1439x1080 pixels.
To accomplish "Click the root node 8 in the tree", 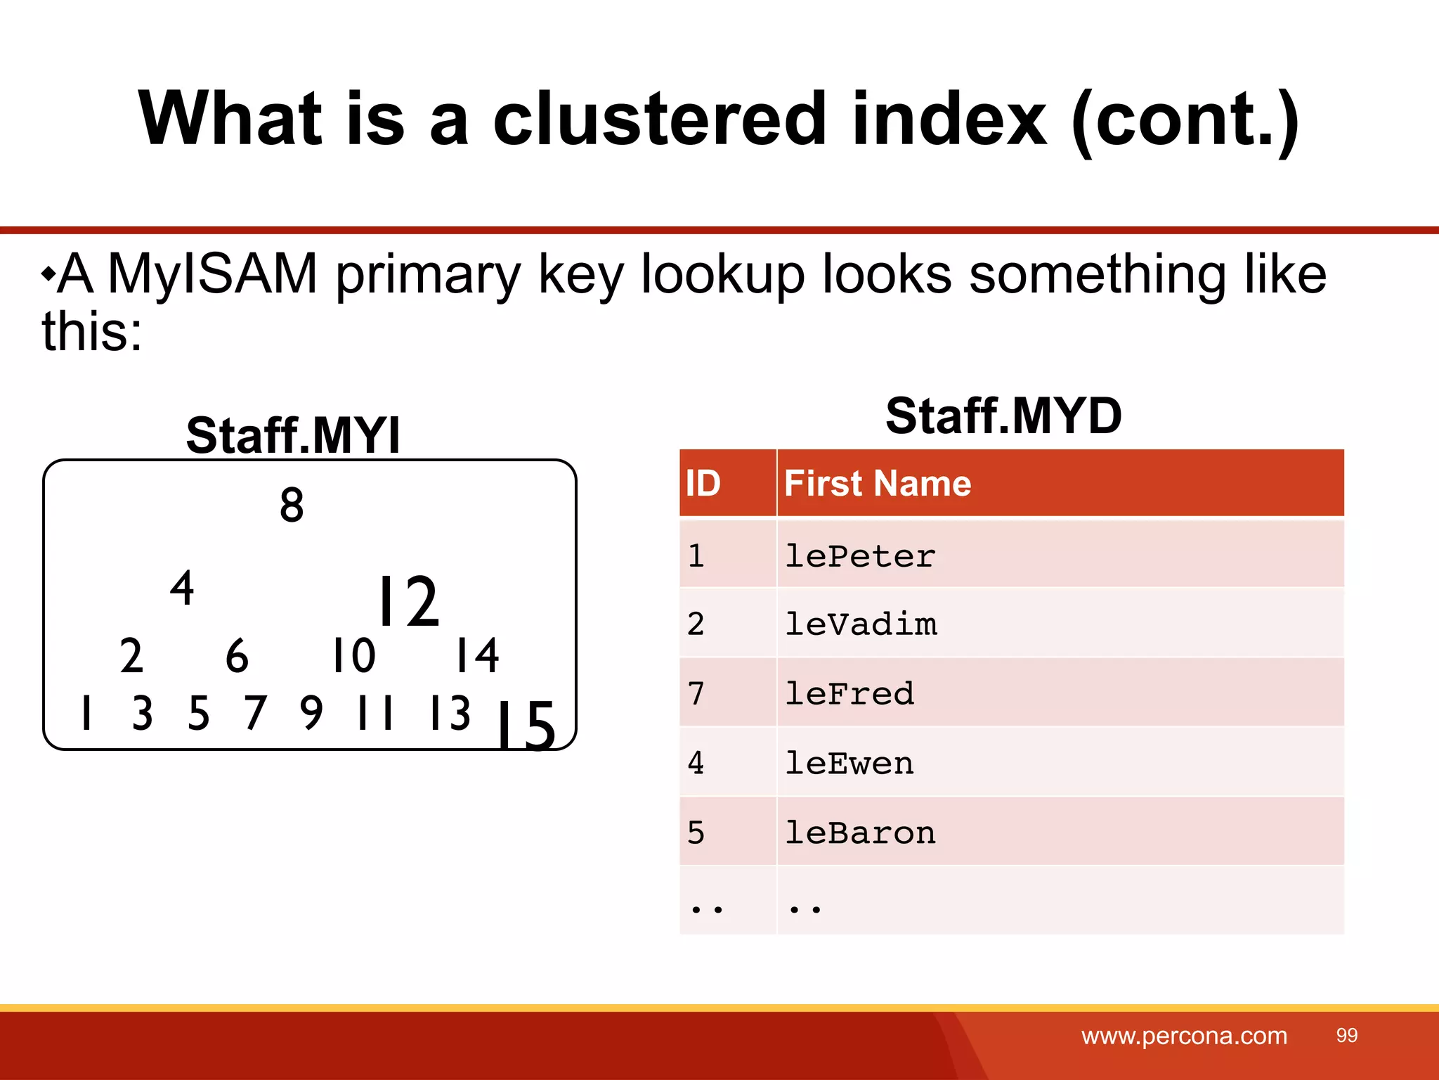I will (x=292, y=505).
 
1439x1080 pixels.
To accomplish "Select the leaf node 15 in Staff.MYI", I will (x=526, y=726).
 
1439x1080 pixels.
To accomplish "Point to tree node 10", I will (x=353, y=655).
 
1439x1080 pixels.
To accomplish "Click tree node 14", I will (x=477, y=655).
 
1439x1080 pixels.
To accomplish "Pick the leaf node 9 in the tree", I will (x=311, y=712).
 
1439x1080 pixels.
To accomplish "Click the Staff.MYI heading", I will (x=292, y=435).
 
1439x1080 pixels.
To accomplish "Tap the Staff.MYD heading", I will (x=1003, y=416).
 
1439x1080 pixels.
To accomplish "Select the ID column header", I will (x=703, y=483).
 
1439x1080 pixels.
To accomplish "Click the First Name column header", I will (x=878, y=483).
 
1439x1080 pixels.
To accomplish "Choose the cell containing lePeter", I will (x=860, y=556).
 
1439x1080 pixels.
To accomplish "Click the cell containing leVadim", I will (x=860, y=624).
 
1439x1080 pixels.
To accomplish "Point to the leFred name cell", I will (x=849, y=693).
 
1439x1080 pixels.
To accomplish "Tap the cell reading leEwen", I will (x=849, y=763).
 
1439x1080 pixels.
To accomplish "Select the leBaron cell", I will (x=860, y=832).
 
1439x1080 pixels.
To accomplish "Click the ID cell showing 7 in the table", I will (x=696, y=693).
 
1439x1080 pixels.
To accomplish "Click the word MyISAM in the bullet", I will (x=212, y=274).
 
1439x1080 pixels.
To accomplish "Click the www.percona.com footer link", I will (x=1184, y=1036).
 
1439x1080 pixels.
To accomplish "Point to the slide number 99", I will (x=1346, y=1035).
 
